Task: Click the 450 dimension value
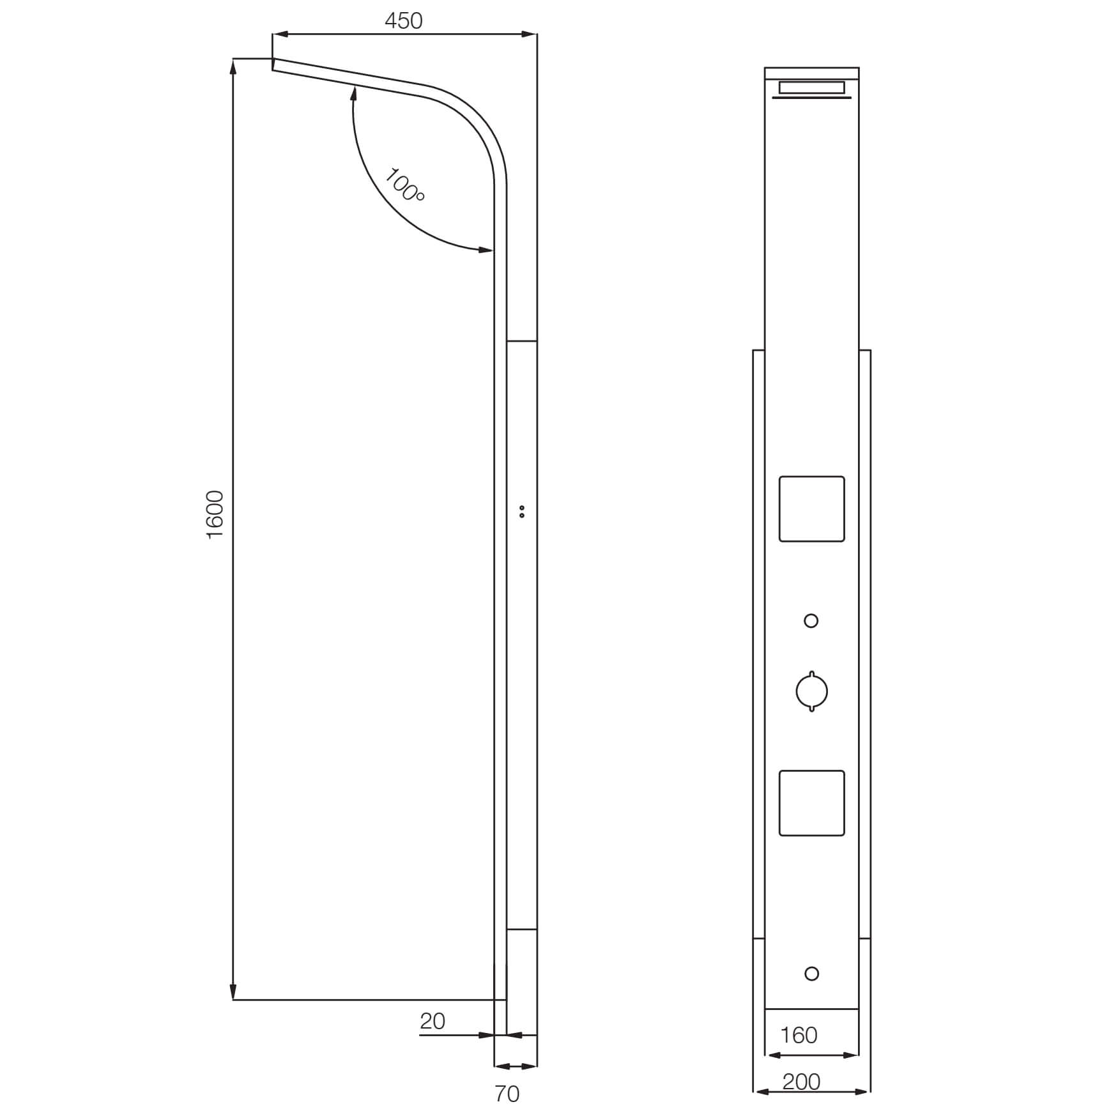403,21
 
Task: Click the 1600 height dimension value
215,514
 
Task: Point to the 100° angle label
404,185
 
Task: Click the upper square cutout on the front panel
811,509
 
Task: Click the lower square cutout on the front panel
811,802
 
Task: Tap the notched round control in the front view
811,691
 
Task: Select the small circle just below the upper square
811,620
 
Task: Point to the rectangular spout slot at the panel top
811,88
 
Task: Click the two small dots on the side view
522,511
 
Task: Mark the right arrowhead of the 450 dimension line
530,34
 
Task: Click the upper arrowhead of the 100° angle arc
353,95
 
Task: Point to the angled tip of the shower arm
273,64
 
